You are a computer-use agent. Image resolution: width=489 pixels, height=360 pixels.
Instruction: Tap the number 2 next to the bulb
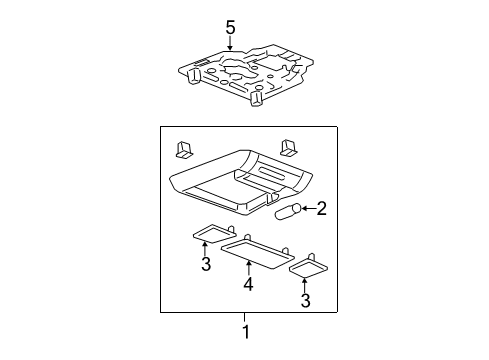click(x=322, y=208)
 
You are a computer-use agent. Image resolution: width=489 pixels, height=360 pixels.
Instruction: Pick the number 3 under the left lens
click(x=206, y=265)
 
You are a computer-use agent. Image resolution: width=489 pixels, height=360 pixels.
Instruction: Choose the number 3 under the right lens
click(x=306, y=300)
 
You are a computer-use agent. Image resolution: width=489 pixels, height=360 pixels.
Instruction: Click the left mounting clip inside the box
click(x=185, y=149)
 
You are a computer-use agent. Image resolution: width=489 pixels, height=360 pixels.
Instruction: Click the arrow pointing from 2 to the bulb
click(x=308, y=209)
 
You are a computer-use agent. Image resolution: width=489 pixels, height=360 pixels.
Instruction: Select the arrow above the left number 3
click(x=206, y=249)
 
